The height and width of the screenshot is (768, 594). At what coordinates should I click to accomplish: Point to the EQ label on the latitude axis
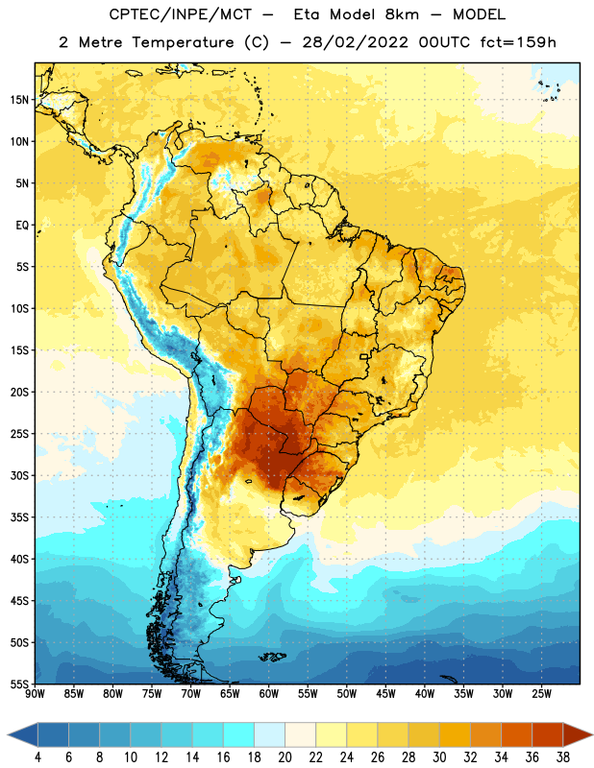[x=22, y=226]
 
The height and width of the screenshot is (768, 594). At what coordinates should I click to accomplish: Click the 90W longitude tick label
[x=35, y=694]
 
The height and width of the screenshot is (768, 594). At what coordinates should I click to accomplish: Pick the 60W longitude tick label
[x=269, y=694]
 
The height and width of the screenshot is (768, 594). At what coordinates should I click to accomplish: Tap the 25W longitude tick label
[x=541, y=694]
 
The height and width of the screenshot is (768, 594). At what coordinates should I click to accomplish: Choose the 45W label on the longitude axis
[x=385, y=694]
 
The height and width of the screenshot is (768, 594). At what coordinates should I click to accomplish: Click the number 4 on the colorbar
[x=37, y=757]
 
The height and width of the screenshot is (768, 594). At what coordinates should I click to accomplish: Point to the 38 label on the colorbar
[x=562, y=757]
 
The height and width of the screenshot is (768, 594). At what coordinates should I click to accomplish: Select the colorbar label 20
[x=285, y=757]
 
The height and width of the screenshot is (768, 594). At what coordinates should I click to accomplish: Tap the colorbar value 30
[x=439, y=757]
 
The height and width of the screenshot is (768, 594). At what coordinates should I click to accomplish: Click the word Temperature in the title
[x=183, y=42]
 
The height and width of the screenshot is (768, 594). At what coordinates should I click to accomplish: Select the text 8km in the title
[x=402, y=14]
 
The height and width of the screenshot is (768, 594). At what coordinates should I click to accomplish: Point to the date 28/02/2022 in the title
[x=355, y=42]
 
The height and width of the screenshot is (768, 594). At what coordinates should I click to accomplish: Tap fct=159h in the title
[x=518, y=42]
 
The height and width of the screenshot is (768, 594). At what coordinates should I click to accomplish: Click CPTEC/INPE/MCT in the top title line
[x=180, y=14]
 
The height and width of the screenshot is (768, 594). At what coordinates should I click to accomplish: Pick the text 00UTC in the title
[x=444, y=42]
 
